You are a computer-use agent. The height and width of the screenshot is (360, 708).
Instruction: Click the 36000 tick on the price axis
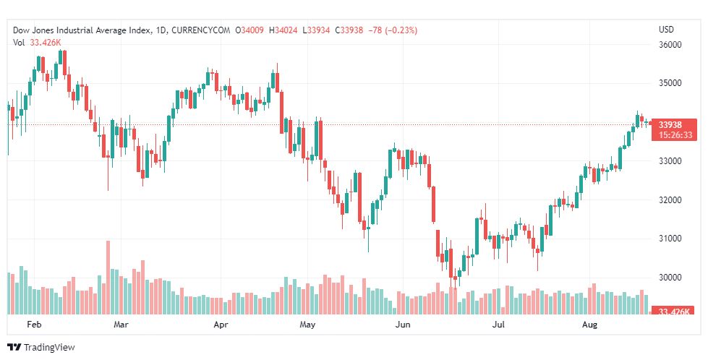tap(670, 45)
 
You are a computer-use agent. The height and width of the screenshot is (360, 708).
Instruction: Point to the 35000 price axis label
tap(670, 83)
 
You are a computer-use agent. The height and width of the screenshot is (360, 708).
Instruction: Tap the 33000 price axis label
tap(670, 161)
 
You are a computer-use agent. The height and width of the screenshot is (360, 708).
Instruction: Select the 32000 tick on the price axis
tap(670, 200)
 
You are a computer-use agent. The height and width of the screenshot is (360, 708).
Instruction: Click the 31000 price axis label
tap(670, 239)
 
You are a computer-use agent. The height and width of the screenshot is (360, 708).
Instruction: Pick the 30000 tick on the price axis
tap(670, 278)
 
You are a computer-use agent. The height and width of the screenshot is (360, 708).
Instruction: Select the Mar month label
tap(121, 325)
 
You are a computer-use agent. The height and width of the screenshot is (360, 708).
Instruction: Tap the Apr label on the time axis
tap(223, 325)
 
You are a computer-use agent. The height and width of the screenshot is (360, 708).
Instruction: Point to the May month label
tap(309, 325)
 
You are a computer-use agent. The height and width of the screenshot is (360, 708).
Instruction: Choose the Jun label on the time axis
tap(403, 325)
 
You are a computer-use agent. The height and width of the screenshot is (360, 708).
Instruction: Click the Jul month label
tap(498, 325)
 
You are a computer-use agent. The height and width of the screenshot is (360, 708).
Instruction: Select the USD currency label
tap(665, 30)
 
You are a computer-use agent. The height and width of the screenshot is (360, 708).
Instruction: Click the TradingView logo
tap(41, 348)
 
